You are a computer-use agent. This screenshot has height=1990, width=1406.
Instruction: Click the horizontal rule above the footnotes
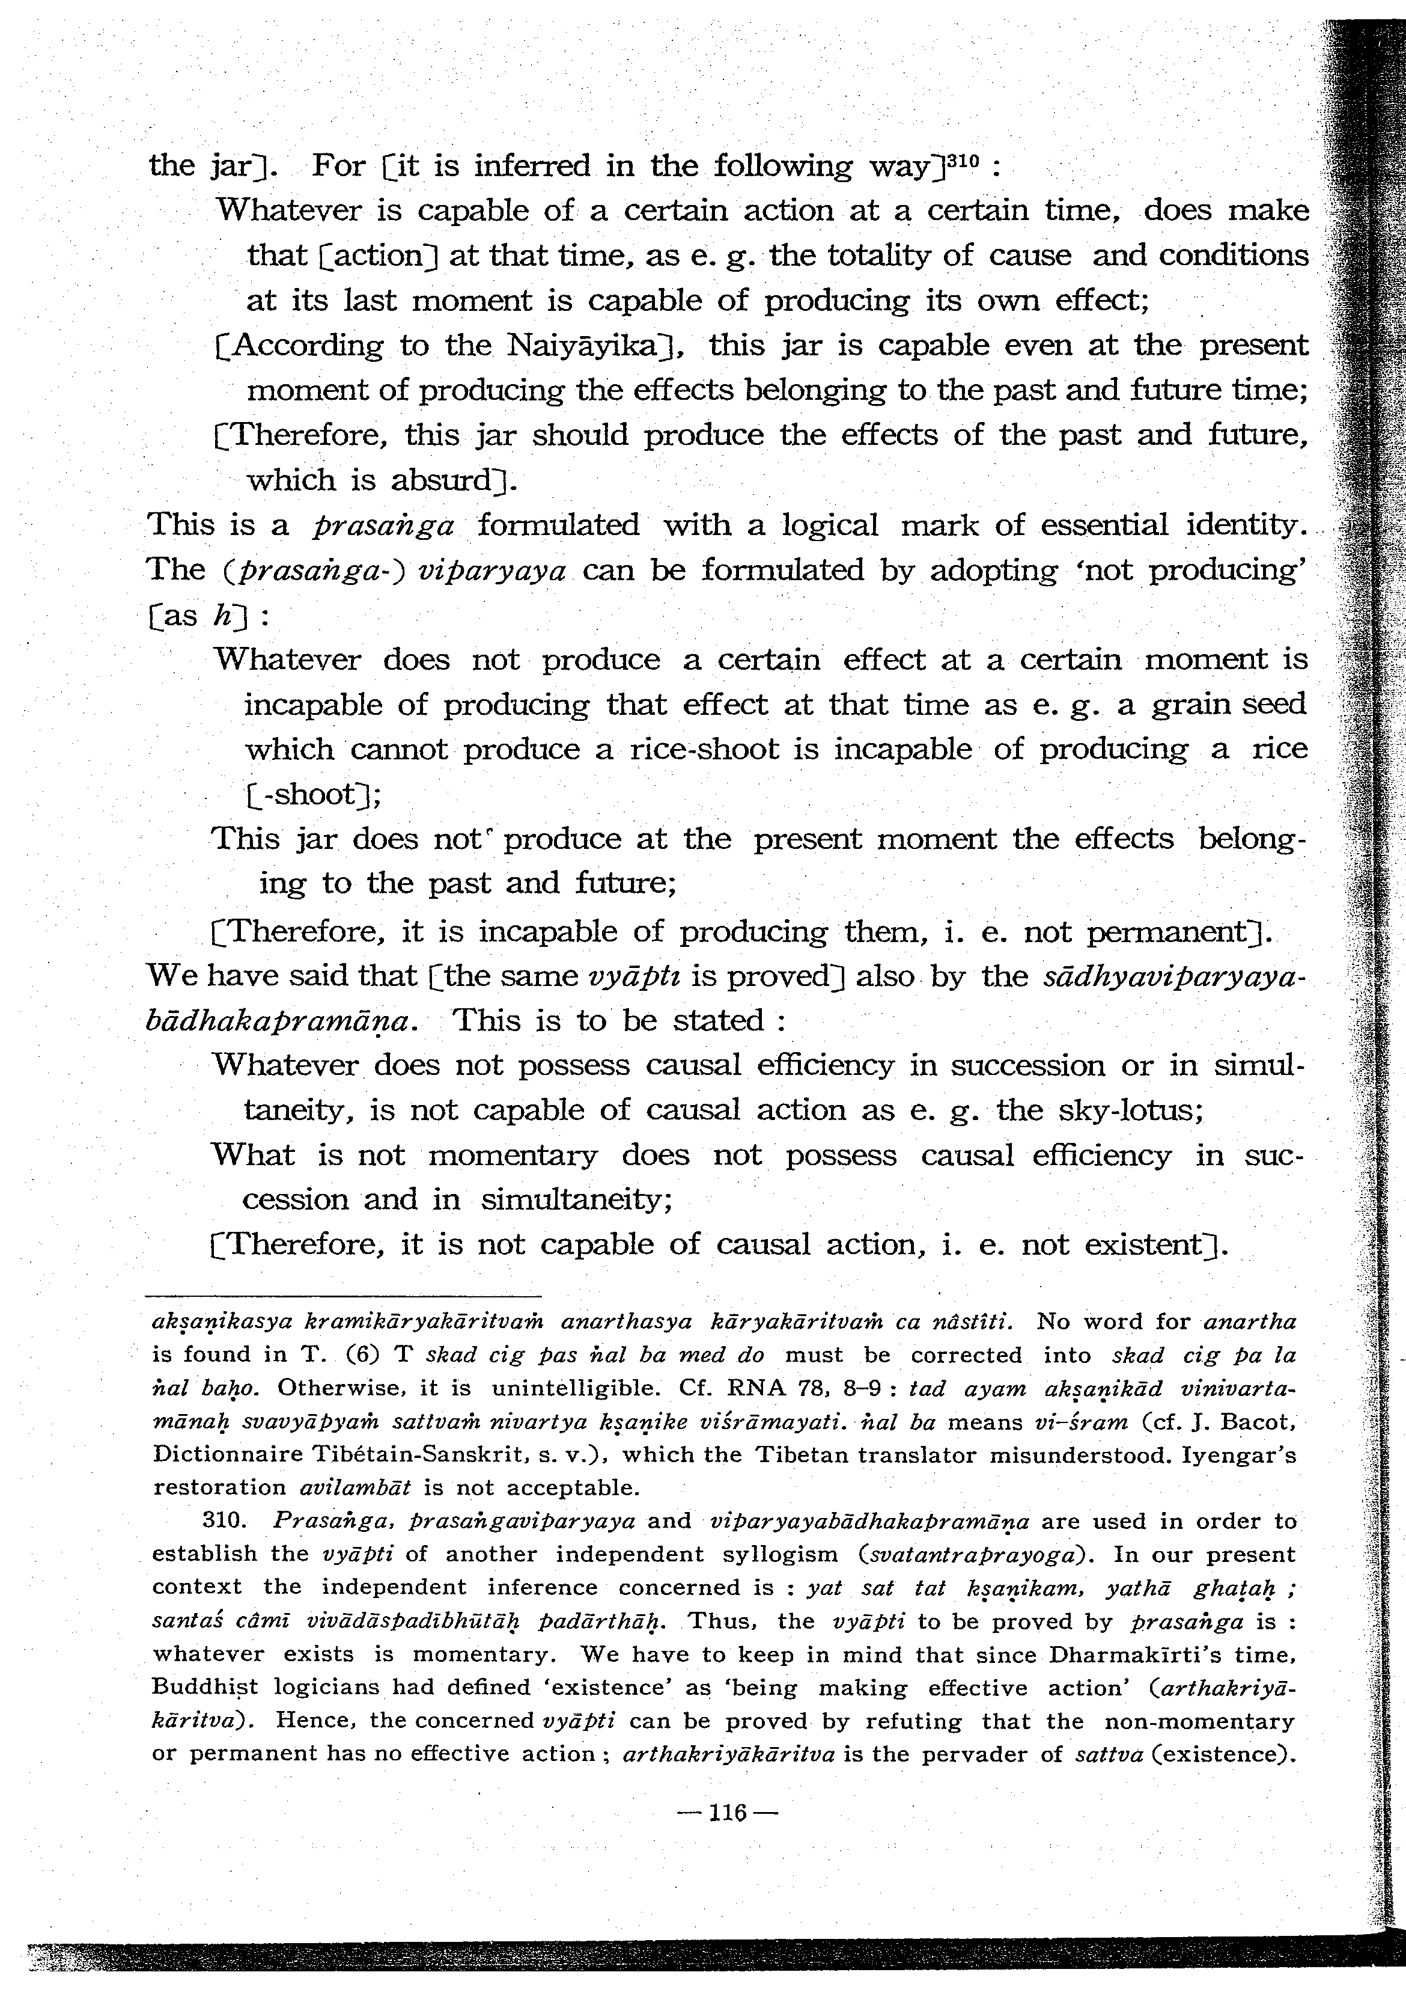pyautogui.click(x=342, y=1297)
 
